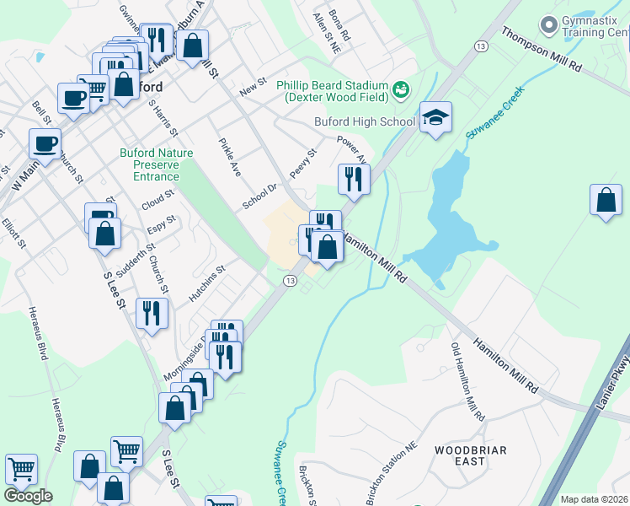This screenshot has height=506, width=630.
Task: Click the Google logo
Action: [x=28, y=496]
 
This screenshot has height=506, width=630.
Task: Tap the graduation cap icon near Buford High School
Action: [x=435, y=117]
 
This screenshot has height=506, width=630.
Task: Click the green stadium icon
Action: [x=401, y=88]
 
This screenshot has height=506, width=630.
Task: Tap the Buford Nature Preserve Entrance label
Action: [x=156, y=164]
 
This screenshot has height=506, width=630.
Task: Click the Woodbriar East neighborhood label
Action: [x=471, y=455]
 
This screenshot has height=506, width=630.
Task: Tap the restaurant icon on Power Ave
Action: [x=354, y=178]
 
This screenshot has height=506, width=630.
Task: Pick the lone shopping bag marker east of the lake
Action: [x=606, y=201]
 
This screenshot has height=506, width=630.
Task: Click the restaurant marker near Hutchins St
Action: [x=152, y=314]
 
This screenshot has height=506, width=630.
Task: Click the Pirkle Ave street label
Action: [x=230, y=157]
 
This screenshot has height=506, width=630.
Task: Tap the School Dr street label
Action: [x=259, y=198]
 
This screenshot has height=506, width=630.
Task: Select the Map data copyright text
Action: [x=594, y=499]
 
